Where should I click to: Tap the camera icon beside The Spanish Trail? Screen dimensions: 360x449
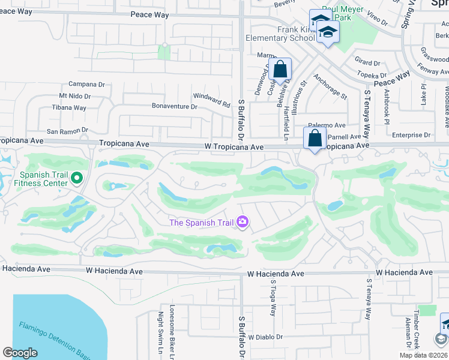coord(243,223)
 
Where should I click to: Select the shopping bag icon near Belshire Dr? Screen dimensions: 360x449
coord(280,70)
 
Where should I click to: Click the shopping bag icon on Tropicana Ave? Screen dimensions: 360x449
coord(315,139)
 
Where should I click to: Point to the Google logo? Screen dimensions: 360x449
coord(20,353)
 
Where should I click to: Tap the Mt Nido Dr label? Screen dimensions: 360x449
coord(74,96)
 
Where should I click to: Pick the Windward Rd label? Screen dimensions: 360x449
coord(211,100)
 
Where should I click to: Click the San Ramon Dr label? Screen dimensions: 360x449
coord(67,130)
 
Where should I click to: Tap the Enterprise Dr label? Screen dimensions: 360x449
coord(411,135)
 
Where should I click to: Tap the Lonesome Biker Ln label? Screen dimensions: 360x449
coord(172,327)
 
